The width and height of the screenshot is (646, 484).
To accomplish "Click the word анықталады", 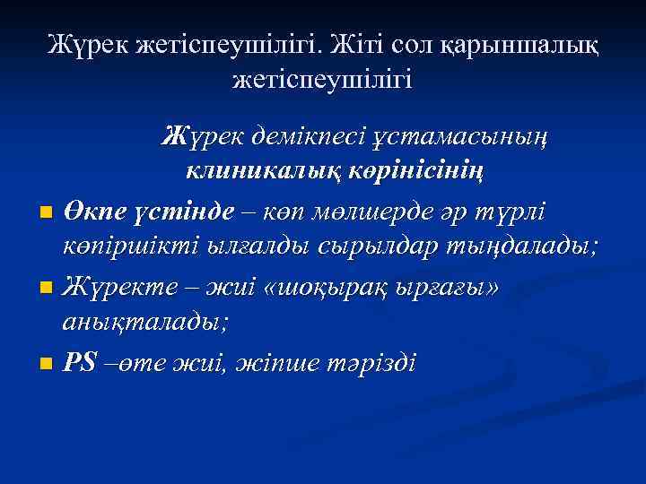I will point(144,320).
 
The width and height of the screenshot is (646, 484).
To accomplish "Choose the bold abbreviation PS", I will point(81,364).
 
